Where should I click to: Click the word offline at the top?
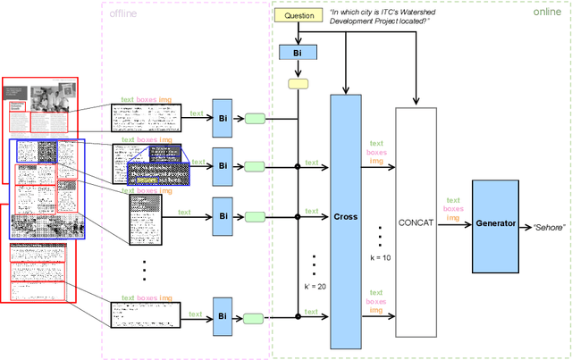122,13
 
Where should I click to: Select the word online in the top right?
547,13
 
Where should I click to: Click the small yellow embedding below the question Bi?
299,84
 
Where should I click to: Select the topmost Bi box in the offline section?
223,118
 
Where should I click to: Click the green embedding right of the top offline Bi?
256,118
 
